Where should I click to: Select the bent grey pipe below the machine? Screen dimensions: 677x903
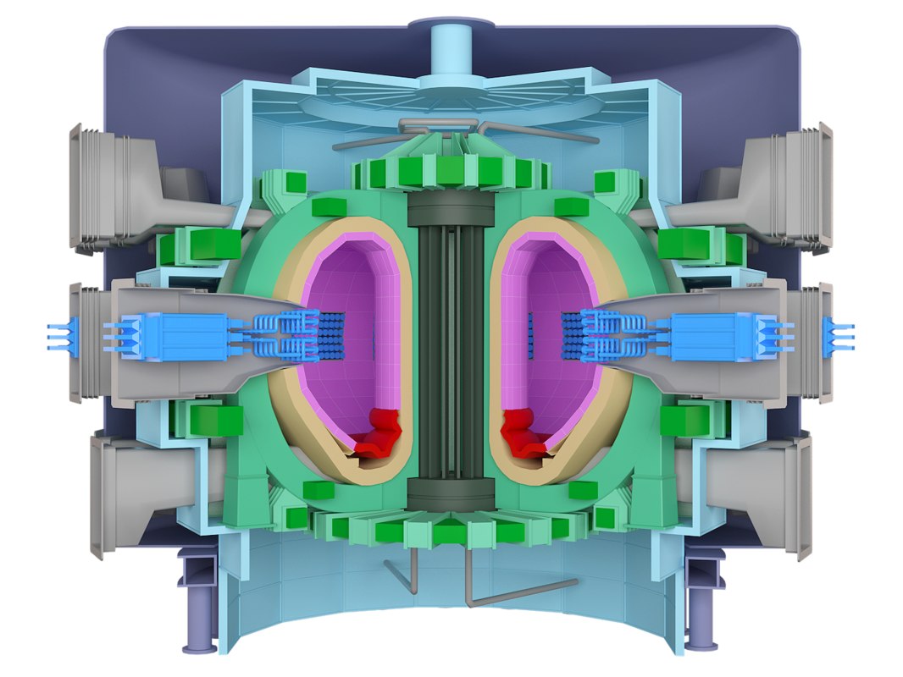pyautogui.click(x=508, y=592)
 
